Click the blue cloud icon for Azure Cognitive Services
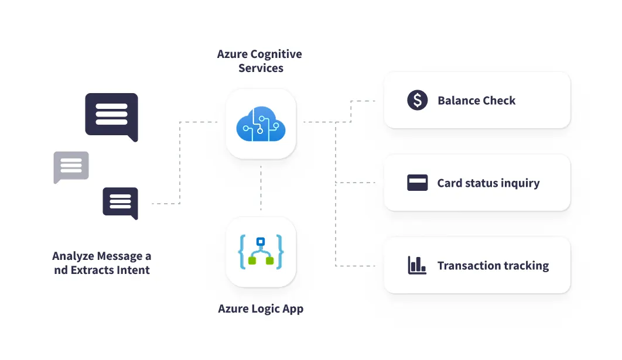pyautogui.click(x=261, y=124)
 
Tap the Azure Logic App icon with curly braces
pyautogui.click(x=261, y=252)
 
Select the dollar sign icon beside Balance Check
pyautogui.click(x=417, y=100)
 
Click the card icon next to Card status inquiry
pyautogui.click(x=417, y=183)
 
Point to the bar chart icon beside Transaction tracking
pyautogui.click(x=417, y=265)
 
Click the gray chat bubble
pyautogui.click(x=71, y=167)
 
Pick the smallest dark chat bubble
pyautogui.click(x=120, y=203)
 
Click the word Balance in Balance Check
pyautogui.click(x=458, y=101)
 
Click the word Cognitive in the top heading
pyautogui.click(x=276, y=54)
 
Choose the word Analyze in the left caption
pyautogui.click(x=74, y=256)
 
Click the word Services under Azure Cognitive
pyautogui.click(x=261, y=68)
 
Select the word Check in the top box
pyautogui.click(x=500, y=101)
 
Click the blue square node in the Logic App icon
pyautogui.click(x=261, y=241)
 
